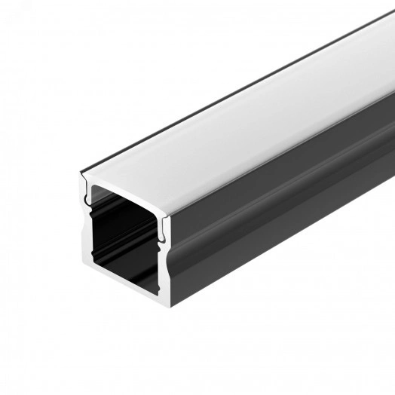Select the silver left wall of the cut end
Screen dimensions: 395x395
[x=86, y=226]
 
